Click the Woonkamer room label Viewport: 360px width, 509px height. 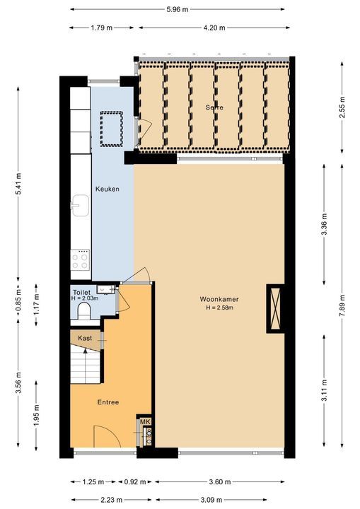pos(219,299)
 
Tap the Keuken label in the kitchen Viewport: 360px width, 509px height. pos(107,189)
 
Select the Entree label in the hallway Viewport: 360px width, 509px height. pos(108,402)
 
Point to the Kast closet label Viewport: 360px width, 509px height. pos(86,338)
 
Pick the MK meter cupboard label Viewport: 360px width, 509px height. pos(146,422)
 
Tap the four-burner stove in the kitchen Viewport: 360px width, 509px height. pos(81,261)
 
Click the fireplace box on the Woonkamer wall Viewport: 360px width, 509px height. pos(274,308)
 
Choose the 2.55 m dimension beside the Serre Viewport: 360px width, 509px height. pos(342,106)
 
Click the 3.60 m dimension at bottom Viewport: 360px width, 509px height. pos(220,482)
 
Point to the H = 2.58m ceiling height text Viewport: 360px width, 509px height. pos(219,308)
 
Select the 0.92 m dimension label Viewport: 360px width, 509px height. pos(137,482)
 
